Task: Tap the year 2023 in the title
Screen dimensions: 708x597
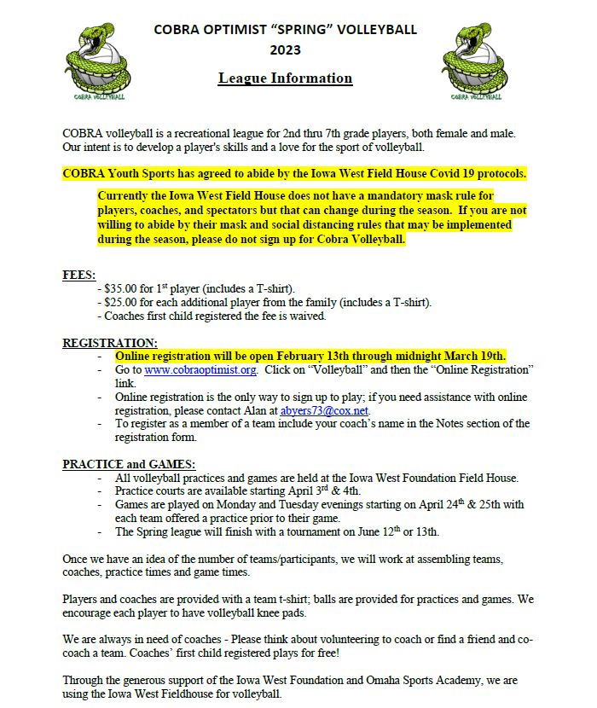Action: click(x=286, y=50)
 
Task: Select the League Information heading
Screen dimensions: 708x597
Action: click(x=285, y=78)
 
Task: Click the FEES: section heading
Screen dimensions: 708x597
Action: click(x=79, y=275)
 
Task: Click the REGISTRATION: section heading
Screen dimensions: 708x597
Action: click(x=110, y=342)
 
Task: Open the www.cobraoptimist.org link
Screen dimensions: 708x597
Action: click(x=200, y=370)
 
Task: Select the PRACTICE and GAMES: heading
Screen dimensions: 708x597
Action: click(x=129, y=464)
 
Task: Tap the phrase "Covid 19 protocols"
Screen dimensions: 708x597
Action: click(x=467, y=173)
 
